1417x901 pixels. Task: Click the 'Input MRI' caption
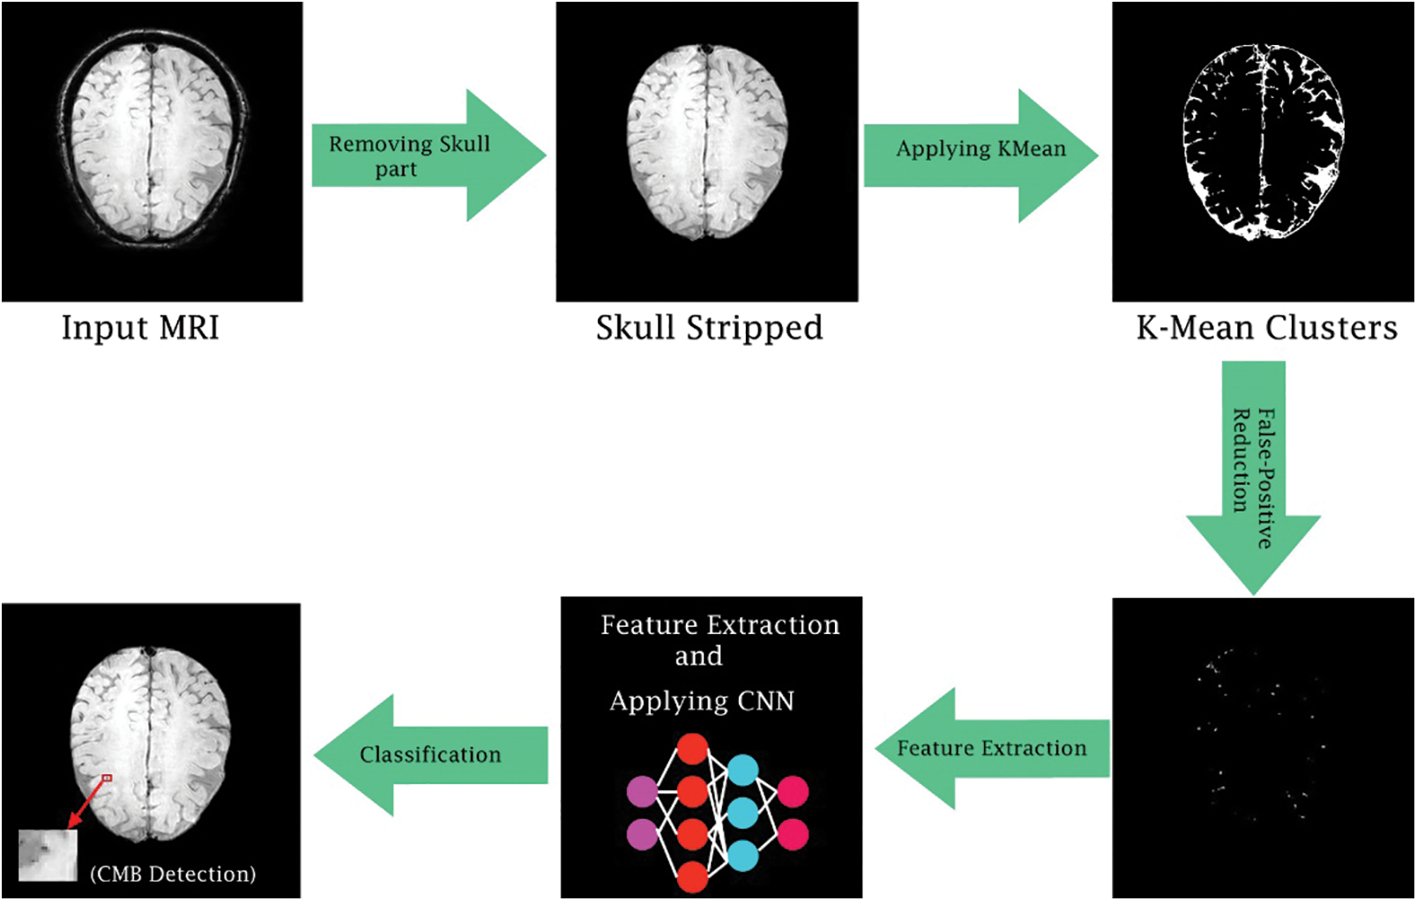tap(140, 328)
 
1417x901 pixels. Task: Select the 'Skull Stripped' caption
tap(709, 329)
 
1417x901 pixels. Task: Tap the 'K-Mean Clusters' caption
tap(1266, 328)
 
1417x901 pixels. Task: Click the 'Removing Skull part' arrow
tap(429, 155)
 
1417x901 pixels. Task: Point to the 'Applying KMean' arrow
tap(981, 155)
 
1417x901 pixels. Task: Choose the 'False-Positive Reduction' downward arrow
tap(1253, 478)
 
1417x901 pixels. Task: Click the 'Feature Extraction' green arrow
tap(993, 748)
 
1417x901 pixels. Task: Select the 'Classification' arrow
tap(431, 755)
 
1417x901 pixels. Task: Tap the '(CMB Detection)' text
tap(174, 874)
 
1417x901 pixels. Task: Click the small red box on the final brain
tap(107, 778)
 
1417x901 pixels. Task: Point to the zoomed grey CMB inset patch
tap(48, 855)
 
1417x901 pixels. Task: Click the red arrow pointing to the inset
tap(86, 804)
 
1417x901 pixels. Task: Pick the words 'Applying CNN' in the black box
tap(702, 701)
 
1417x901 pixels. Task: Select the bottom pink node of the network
tap(793, 834)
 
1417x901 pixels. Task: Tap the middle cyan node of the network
tap(742, 813)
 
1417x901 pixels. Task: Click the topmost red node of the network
tap(693, 749)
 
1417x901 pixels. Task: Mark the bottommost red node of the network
tap(693, 877)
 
